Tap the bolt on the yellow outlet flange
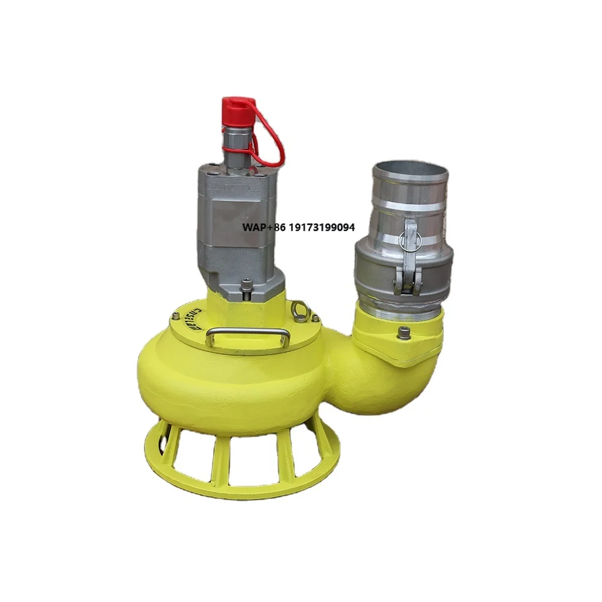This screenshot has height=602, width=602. [x=403, y=330]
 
